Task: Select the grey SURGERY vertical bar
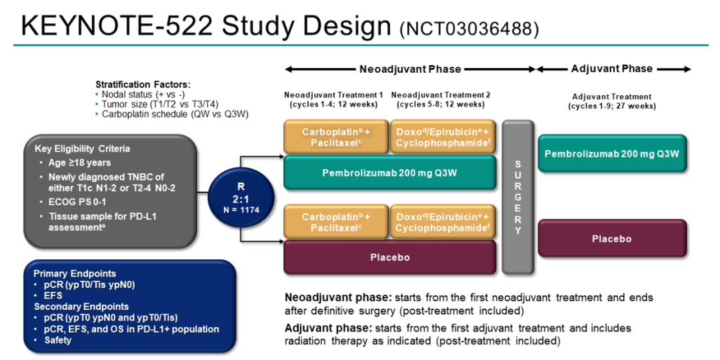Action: (518, 197)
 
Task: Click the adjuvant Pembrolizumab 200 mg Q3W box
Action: (611, 154)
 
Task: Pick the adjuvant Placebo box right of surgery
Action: (611, 239)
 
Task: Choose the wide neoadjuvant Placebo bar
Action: (390, 257)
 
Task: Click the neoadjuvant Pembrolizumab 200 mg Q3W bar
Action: (390, 172)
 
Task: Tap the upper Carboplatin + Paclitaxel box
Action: (335, 137)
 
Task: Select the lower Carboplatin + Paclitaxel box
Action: (335, 222)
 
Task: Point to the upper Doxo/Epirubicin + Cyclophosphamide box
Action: (442, 137)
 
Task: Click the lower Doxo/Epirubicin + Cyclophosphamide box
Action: (442, 222)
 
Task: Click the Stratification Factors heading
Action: (143, 85)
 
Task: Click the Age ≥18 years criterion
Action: (79, 163)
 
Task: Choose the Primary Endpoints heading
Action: (75, 273)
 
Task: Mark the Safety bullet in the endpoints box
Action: (59, 339)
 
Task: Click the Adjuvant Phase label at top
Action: (611, 69)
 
